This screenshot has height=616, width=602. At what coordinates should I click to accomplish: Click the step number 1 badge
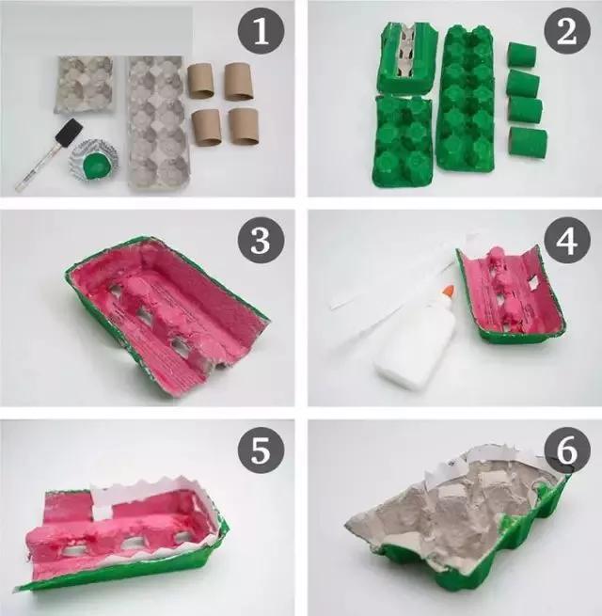pyautogui.click(x=261, y=31)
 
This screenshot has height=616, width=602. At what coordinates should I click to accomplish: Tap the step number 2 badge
pyautogui.click(x=567, y=31)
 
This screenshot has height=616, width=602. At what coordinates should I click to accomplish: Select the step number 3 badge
pyautogui.click(x=261, y=241)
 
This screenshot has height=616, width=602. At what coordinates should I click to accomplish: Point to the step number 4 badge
pyautogui.click(x=567, y=241)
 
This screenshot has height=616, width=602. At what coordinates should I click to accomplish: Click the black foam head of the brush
pyautogui.click(x=70, y=132)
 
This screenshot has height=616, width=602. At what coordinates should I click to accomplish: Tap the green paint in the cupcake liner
pyautogui.click(x=95, y=166)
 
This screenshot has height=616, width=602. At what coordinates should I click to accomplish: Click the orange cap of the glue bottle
pyautogui.click(x=449, y=292)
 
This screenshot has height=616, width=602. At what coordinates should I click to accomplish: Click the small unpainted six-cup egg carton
pyautogui.click(x=86, y=85)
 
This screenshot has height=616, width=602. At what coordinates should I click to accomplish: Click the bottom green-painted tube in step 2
pyautogui.click(x=528, y=142)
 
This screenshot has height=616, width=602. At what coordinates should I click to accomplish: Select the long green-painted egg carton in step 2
pyautogui.click(x=466, y=98)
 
